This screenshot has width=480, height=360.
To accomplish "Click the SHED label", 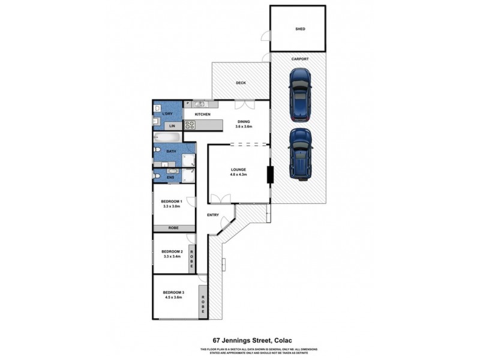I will tap(300, 28).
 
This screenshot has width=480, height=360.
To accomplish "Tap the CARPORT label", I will tap(300, 59).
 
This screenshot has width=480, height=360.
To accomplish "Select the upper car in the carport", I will tap(299, 94).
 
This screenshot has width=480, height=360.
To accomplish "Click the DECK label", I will tap(241, 83).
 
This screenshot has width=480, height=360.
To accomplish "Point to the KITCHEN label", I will tap(202, 114).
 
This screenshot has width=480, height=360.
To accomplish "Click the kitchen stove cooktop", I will tap(190, 125).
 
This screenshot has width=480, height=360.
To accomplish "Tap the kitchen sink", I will tap(199, 104).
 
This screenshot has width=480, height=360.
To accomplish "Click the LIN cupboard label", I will tap(172, 126).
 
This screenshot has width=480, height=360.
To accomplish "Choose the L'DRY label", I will tap(168, 113).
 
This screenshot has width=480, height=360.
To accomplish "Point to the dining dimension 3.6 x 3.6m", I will tap(243, 127).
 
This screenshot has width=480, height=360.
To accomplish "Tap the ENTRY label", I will tap(212, 215).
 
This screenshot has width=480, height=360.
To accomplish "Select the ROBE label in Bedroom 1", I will tap(173, 228).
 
